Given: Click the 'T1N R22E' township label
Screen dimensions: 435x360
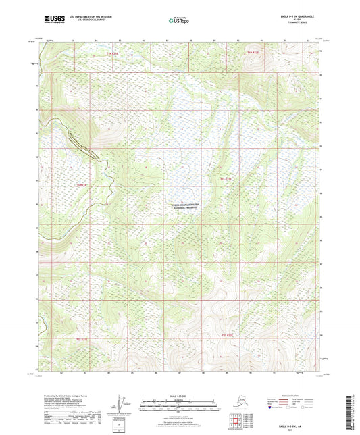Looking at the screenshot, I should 253,52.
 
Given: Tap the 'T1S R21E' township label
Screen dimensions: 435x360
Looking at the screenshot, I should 82,184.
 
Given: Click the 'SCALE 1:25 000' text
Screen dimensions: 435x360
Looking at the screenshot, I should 177,394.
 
